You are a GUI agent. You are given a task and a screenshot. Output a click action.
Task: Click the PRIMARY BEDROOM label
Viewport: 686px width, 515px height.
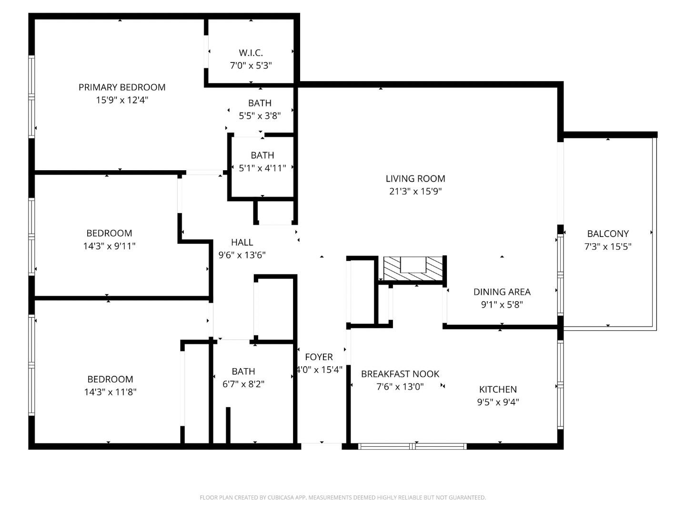pos(122,87)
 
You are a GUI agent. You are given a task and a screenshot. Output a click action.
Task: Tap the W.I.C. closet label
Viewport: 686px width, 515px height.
pos(251,53)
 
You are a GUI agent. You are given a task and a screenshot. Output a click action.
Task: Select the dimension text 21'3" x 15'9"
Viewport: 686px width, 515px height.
pos(415,192)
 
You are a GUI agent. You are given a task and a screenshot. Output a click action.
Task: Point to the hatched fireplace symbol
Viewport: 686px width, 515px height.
pos(413,269)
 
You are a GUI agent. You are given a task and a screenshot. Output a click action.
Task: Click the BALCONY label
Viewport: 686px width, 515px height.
pos(607,234)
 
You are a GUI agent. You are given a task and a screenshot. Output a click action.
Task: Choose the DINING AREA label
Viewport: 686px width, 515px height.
pos(502,292)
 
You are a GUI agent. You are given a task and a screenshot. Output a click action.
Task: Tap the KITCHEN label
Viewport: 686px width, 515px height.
pos(498,389)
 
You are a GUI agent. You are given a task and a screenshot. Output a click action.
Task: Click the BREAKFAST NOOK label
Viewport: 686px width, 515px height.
pos(400,374)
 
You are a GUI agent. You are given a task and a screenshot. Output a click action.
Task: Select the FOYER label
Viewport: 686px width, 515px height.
pos(319,357)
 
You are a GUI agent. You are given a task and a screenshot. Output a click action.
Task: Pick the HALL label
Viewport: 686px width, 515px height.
pos(242,242)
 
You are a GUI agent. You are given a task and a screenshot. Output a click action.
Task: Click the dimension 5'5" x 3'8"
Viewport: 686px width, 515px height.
pos(260,115)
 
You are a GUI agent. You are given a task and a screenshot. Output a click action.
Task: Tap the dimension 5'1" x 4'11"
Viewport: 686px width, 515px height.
pos(262,168)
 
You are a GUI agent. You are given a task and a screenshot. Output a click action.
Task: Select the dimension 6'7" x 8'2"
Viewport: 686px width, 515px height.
pos(243,384)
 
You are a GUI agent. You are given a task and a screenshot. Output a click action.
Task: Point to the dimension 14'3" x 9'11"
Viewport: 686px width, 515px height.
pos(109,246)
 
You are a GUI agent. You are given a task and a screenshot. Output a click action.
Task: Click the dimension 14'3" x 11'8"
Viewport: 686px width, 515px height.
pos(110,392)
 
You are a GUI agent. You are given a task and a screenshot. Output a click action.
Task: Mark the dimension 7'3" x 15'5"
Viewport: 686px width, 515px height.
pos(607,247)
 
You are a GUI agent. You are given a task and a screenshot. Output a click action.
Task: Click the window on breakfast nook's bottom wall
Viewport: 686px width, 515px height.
pos(412,446)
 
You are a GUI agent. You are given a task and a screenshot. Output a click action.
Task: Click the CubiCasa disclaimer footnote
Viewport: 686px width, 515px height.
pos(343,497)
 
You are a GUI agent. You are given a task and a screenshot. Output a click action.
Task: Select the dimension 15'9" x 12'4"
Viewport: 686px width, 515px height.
pos(122,100)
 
